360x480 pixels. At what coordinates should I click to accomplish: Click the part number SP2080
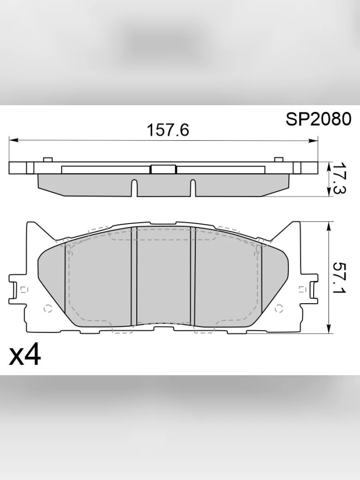318,119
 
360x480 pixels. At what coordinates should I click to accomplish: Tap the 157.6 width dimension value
168,130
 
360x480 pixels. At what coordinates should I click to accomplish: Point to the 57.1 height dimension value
339,278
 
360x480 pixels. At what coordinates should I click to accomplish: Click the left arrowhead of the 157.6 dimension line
14,140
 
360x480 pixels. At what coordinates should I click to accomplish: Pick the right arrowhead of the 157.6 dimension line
313,141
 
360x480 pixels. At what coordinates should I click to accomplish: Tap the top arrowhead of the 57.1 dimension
329,226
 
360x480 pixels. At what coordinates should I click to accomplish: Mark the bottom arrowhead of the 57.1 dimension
329,329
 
